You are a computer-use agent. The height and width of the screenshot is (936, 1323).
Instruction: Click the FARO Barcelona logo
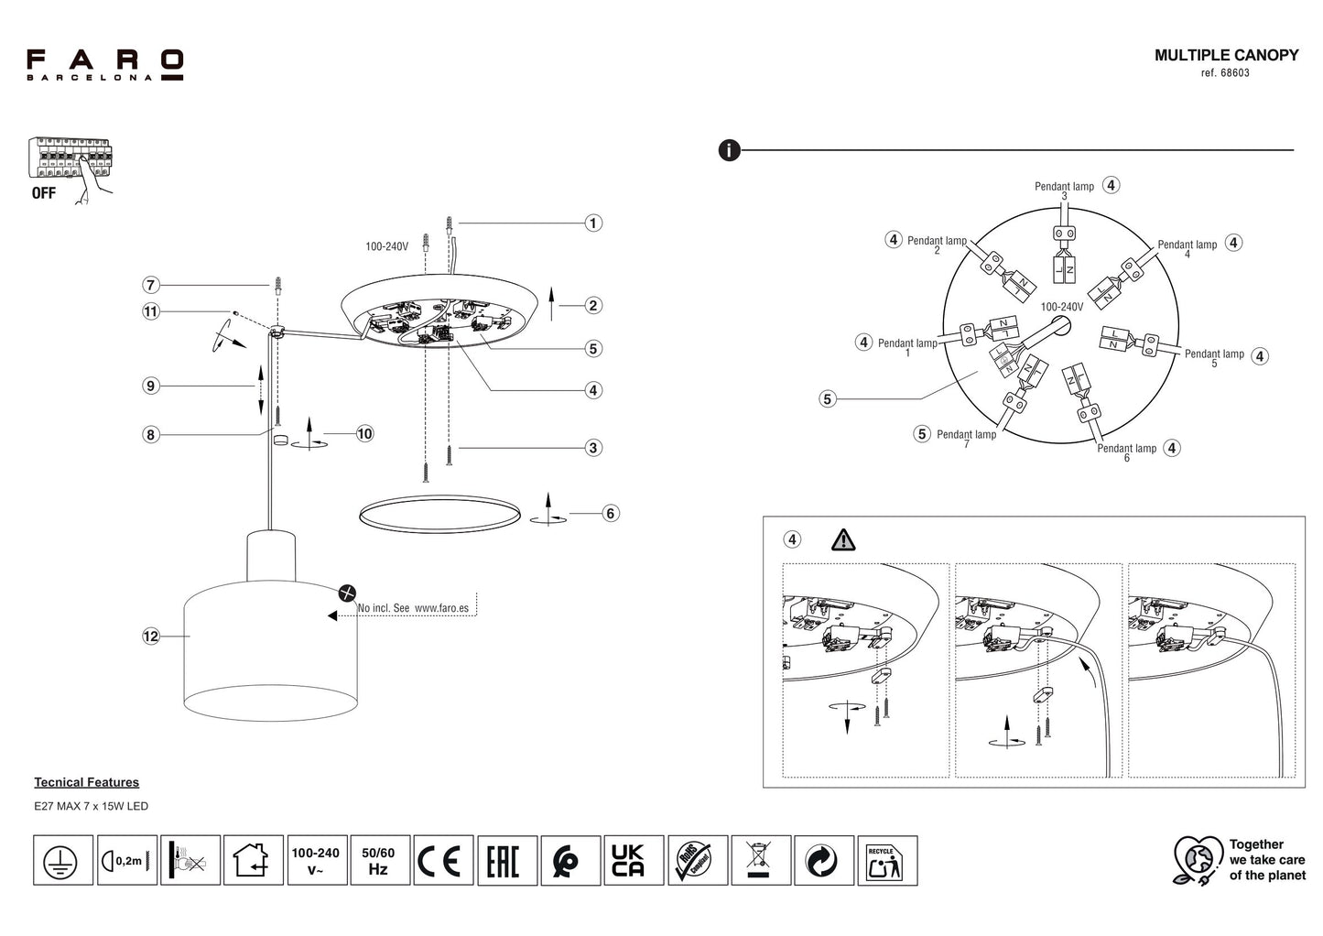104,65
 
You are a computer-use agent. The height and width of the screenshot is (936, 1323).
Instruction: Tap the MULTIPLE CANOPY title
1226,55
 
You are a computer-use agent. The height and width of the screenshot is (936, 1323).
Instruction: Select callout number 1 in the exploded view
593,223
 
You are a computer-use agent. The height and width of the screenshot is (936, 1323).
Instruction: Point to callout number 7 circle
151,285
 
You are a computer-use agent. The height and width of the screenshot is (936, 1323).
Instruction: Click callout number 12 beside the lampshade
151,636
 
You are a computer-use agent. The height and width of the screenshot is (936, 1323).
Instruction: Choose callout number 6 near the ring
611,513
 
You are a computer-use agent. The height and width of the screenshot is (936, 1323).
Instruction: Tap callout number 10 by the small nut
364,433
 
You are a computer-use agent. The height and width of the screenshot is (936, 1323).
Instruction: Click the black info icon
729,150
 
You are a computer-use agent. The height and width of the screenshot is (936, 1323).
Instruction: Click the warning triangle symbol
843,539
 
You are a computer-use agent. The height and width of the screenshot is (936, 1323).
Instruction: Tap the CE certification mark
443,861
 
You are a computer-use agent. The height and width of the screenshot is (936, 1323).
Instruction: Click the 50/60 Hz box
377,861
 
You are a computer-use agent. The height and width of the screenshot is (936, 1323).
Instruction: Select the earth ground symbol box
63,861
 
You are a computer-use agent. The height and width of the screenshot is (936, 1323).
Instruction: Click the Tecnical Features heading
87,782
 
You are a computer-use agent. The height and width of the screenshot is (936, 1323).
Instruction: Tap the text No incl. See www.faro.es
413,607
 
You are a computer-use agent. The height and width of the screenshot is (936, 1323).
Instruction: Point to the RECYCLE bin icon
886,861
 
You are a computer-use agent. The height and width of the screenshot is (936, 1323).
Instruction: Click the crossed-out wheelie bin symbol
761,861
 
